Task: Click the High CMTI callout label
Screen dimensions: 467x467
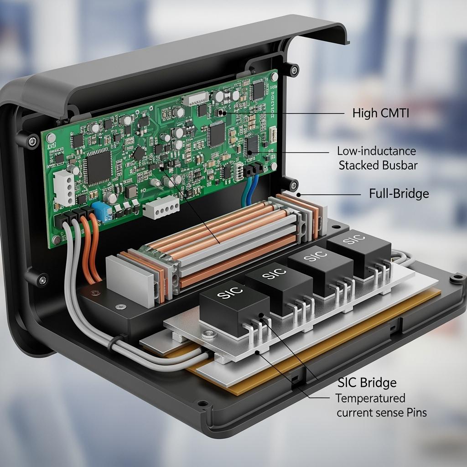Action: pyautogui.click(x=381, y=113)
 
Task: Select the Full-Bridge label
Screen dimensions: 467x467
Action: pyautogui.click(x=399, y=193)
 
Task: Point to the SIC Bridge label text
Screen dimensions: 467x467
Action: pyautogui.click(x=367, y=383)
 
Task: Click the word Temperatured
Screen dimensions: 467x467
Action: pyautogui.click(x=370, y=398)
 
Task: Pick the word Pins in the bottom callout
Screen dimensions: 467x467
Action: pyautogui.click(x=416, y=412)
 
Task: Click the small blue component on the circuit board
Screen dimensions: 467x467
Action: pyautogui.click(x=102, y=212)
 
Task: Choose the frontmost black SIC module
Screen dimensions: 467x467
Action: pyautogui.click(x=234, y=309)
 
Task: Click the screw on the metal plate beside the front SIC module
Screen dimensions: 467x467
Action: pyautogui.click(x=209, y=335)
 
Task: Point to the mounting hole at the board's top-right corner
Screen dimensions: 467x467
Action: pyautogui.click(x=274, y=77)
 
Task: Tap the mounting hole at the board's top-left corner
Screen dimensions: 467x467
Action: pyautogui.click(x=51, y=138)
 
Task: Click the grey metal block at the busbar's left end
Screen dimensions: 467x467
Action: pyautogui.click(x=130, y=281)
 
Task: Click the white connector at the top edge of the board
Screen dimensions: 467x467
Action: pyautogui.click(x=195, y=99)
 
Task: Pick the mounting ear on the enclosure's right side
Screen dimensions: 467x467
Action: pyautogui.click(x=458, y=279)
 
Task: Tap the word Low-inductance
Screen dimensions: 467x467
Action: pyautogui.click(x=376, y=151)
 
